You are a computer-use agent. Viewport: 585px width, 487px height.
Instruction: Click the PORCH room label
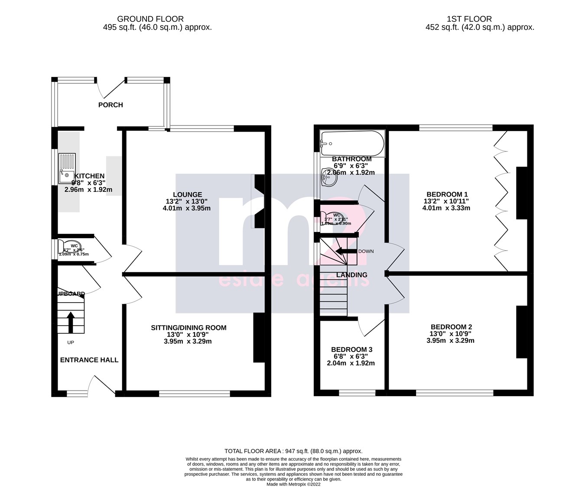coord(110,105)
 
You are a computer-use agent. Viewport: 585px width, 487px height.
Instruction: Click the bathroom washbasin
coord(329,177)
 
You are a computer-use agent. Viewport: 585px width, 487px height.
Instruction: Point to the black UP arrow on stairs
coord(71,323)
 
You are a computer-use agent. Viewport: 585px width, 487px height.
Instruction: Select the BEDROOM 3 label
coord(351,349)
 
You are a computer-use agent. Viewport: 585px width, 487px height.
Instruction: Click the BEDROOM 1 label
coord(447,194)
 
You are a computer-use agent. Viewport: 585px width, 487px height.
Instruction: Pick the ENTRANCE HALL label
coord(89,360)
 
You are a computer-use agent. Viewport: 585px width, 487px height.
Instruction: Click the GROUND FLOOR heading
coord(150,19)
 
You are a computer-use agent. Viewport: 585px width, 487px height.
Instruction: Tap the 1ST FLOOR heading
coord(469,19)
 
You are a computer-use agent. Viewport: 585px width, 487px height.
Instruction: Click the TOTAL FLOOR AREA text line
coord(293,451)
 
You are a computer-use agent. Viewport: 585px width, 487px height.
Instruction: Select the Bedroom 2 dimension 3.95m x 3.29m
coord(450,340)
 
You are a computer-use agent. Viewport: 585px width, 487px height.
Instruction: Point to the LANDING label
coord(351,275)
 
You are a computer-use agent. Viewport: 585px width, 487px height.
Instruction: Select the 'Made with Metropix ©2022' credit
coord(293,484)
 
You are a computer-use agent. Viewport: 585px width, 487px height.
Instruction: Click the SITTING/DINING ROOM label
coord(188,328)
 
